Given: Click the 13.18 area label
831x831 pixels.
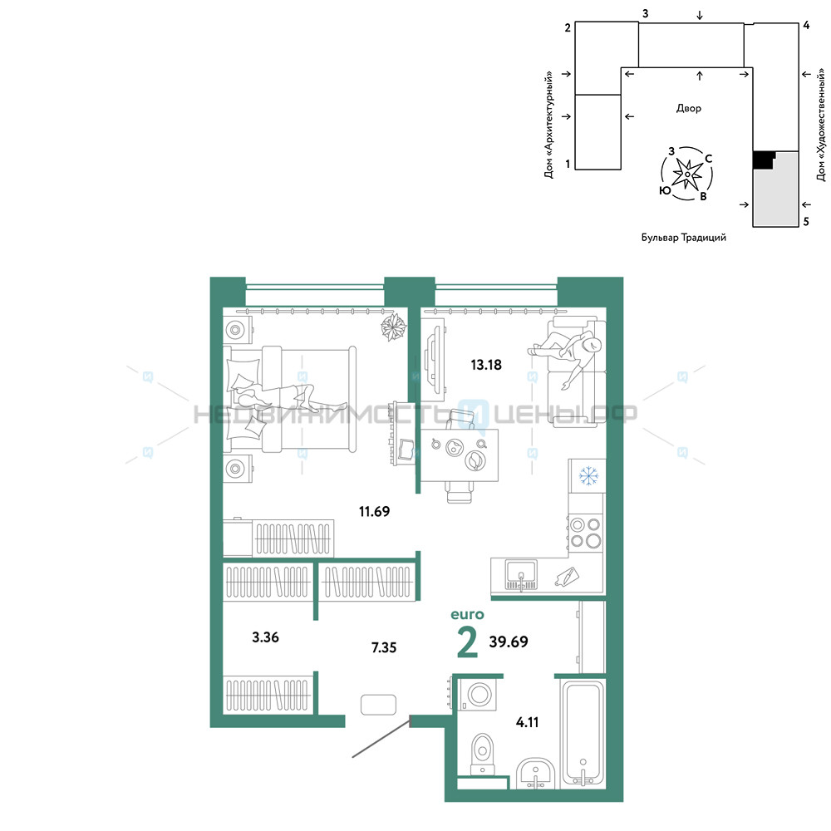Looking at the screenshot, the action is coord(486,365).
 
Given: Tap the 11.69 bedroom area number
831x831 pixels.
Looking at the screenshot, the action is coord(374,511).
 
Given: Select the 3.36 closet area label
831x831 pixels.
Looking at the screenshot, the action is coord(265,637).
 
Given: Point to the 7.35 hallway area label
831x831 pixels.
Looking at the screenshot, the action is coord(384,647).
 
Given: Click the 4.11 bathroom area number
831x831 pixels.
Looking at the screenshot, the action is coord(527,722).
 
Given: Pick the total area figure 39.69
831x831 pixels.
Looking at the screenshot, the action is coord(509,642).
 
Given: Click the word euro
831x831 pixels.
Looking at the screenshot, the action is coord(467,615).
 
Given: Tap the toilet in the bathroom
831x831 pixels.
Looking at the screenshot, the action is coord(482,755).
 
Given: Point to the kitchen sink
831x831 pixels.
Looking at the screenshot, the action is coord(521,575).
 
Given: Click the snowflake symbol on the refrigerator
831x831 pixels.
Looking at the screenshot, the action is coord(588,475).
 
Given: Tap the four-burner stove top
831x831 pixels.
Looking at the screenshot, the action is coord(586,533).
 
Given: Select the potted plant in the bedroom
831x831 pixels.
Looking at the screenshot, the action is coord(393,327).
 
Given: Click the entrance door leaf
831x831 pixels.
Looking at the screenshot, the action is coord(381,737).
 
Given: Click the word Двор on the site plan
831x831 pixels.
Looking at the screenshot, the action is coord(688,109).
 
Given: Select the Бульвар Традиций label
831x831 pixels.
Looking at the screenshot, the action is coord(684,238).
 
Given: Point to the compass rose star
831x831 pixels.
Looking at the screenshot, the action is coord(687,174).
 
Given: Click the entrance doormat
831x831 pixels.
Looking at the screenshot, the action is coord(378,705).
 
